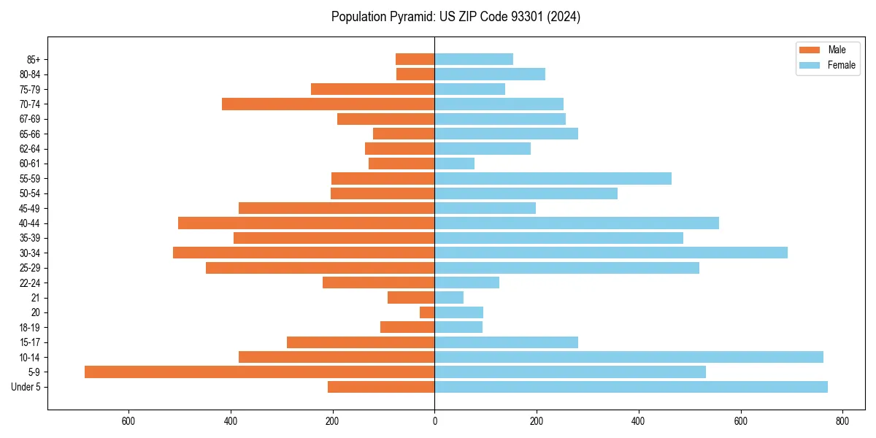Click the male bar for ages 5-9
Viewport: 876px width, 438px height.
pos(259,372)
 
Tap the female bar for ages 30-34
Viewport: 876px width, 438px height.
pos(611,253)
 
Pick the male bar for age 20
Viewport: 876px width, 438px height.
pos(427,312)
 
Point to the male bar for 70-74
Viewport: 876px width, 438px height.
pos(328,104)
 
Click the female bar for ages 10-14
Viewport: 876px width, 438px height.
pos(629,357)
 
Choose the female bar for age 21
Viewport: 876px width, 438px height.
pos(449,297)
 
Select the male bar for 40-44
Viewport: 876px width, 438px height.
pos(306,223)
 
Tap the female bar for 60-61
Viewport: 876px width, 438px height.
pos(454,164)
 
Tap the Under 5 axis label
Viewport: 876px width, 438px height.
pos(26,387)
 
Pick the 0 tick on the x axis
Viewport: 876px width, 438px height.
pos(434,420)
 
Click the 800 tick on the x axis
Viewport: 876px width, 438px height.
pos(842,420)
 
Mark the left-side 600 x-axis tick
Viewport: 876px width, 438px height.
pos(128,420)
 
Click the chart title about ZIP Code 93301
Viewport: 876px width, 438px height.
pos(456,17)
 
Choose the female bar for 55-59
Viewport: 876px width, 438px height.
pos(553,178)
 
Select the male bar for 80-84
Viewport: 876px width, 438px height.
pos(415,74)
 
